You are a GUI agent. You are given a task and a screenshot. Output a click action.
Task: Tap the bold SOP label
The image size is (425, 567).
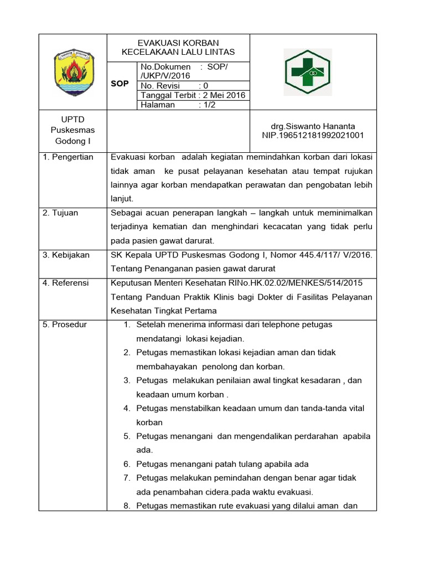[x=120, y=84]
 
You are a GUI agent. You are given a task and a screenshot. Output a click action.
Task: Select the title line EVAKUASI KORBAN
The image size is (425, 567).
[x=178, y=43]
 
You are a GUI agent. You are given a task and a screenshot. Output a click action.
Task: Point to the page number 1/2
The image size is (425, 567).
[x=208, y=105]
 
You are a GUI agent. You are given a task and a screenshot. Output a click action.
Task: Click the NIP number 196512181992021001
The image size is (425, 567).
[x=313, y=135]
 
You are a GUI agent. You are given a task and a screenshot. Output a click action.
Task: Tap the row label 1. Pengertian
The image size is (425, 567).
[x=68, y=157]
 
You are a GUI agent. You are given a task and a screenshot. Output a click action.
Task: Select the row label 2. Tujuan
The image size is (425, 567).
[x=60, y=213]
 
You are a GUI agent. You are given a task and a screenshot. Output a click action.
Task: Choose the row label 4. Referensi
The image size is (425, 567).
[x=66, y=283]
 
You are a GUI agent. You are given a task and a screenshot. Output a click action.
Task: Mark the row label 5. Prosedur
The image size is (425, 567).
[x=65, y=324]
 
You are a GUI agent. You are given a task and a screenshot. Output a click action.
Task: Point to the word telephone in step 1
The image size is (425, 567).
[x=281, y=324]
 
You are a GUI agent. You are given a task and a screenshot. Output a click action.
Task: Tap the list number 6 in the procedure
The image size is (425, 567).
[x=126, y=464]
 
